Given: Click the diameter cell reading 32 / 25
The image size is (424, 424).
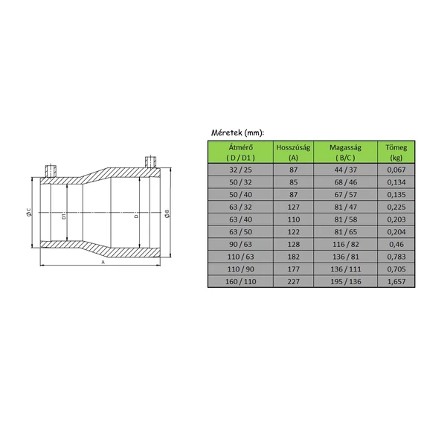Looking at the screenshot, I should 237,169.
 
